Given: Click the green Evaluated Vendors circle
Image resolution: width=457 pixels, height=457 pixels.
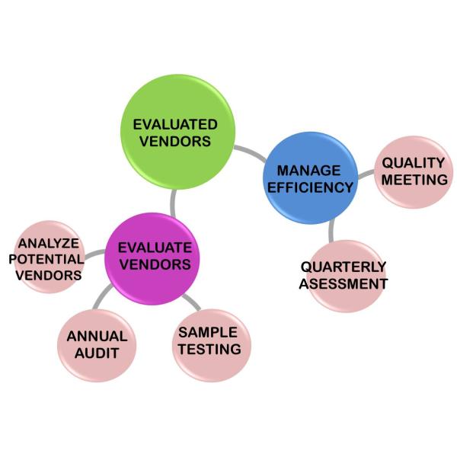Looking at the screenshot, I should click(177, 131).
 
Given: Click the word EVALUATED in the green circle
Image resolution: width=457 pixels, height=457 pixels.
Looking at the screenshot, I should click(175, 123).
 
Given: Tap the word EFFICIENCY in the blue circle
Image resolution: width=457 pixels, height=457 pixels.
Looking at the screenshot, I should click(315, 187).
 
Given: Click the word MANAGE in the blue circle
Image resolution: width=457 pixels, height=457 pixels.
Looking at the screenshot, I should click(308, 170).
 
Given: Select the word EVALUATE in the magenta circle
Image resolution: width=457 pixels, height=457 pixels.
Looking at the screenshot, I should click(155, 248).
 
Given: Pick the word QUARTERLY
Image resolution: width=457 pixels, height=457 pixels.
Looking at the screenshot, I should click(344, 267).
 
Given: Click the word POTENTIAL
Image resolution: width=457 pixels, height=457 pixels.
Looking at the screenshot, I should click(46, 260).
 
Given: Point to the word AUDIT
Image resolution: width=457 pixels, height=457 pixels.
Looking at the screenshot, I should click(96, 353).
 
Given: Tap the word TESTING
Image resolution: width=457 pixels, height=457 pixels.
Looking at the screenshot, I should click(210, 350).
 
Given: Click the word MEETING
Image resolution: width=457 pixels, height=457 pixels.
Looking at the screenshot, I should click(414, 181).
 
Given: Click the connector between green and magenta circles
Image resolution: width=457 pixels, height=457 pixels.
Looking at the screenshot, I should click(175, 202).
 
